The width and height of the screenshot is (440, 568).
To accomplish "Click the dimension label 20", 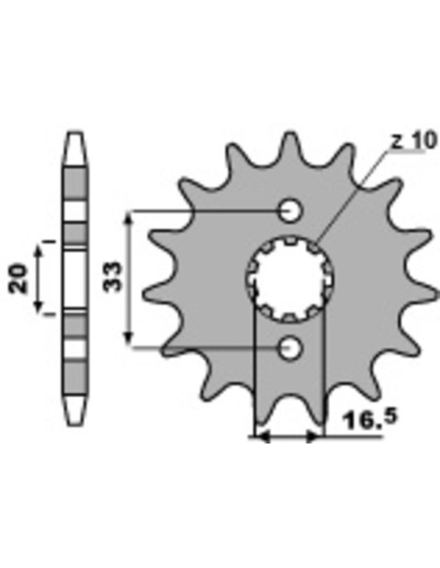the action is pos(18,279).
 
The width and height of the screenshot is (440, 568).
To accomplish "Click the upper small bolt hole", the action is pos(290,210).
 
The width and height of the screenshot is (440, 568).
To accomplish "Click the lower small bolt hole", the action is pos(290,348).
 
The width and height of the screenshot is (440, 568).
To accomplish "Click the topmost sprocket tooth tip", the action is pos(290,133).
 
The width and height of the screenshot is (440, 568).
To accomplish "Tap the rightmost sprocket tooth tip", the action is pos(436,290).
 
